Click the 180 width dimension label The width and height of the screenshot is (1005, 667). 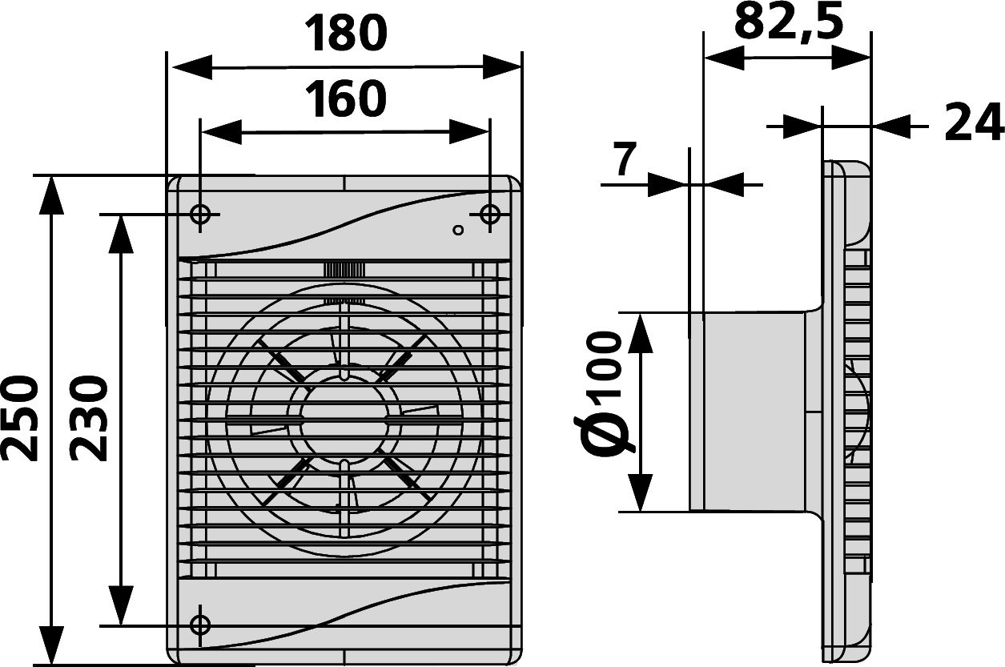(345, 33)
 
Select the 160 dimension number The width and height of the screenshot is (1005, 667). (345, 99)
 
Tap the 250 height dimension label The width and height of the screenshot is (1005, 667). (20, 420)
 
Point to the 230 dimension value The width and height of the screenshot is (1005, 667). (88, 420)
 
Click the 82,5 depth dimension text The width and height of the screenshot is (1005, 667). (788, 21)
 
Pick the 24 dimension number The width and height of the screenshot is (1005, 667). (972, 122)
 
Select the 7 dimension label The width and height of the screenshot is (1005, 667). (625, 159)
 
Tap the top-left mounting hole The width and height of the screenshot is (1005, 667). (200, 215)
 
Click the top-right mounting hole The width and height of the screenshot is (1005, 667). (489, 215)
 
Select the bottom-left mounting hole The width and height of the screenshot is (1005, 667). (200, 625)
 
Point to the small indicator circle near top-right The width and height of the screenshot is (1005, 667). (458, 230)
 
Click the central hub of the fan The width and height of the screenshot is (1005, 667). (344, 420)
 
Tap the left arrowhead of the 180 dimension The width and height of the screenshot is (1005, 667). (192, 68)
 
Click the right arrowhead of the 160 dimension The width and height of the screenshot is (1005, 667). (468, 132)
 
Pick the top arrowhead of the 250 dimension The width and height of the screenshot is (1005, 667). (51, 195)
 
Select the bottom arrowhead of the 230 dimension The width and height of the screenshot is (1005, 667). (121, 605)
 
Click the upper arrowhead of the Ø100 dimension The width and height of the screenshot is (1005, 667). (641, 334)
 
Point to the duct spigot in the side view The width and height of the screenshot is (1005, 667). (754, 412)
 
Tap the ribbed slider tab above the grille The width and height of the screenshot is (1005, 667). (344, 269)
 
